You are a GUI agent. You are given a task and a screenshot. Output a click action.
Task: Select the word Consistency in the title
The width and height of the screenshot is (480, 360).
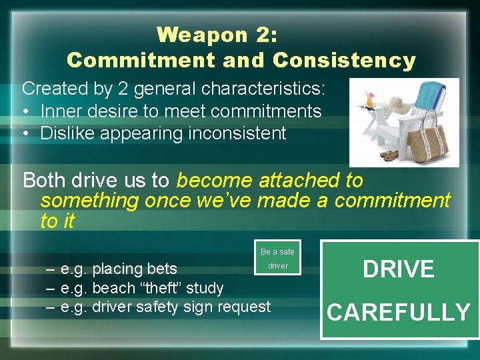tap(344, 60)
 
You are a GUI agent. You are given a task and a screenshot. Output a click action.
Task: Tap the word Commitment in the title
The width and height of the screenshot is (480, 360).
tap(141, 60)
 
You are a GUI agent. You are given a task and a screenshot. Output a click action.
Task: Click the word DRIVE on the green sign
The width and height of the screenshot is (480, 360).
tap(399, 269)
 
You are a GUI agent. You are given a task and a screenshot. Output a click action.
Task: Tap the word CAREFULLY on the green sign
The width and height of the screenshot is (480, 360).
tap(399, 311)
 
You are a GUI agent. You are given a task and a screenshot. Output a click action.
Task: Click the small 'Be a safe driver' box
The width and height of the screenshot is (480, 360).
tap(277, 258)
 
